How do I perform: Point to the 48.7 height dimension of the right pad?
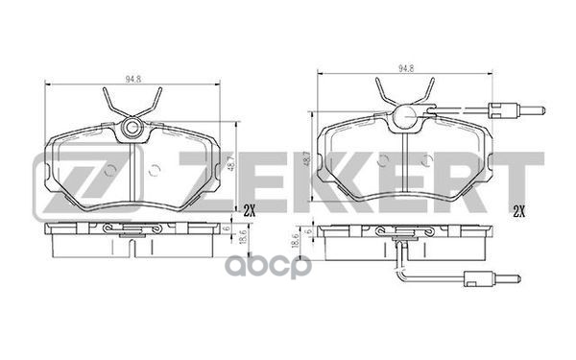[307, 158]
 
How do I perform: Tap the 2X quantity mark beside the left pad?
[249, 210]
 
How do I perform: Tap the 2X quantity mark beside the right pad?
[518, 211]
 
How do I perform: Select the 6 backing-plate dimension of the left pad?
[228, 228]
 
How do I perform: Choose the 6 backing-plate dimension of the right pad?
[309, 231]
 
